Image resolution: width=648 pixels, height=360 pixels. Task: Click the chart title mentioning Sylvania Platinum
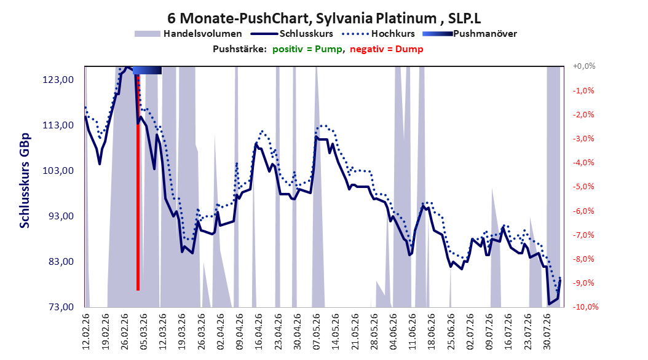pyautogui.click(x=324, y=18)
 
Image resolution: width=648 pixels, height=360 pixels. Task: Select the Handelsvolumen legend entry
pyautogui.click(x=188, y=34)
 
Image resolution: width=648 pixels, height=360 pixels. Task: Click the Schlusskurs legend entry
pyautogui.click(x=292, y=34)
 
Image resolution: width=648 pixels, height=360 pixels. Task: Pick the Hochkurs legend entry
pyautogui.click(x=377, y=34)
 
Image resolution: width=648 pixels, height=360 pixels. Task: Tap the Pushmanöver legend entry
pyautogui.click(x=470, y=34)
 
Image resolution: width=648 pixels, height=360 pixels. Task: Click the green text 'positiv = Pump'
pyautogui.click(x=307, y=49)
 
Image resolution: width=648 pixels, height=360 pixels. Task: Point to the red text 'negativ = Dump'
pyautogui.click(x=387, y=49)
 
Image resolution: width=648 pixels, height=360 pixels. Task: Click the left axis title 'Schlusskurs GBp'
pyautogui.click(x=25, y=181)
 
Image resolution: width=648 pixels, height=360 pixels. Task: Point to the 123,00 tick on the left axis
pyautogui.click(x=58, y=79)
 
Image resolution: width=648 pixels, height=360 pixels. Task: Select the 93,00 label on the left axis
pyautogui.click(x=58, y=216)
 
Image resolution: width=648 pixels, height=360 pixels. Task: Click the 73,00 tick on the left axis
pyautogui.click(x=58, y=307)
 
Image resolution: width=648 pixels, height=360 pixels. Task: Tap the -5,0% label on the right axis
pyautogui.click(x=583, y=186)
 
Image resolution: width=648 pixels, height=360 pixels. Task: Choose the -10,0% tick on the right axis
pyautogui.click(x=585, y=307)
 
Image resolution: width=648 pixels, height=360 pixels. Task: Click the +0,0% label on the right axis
pyautogui.click(x=584, y=66)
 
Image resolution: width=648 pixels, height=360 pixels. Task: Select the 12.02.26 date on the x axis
pyautogui.click(x=86, y=332)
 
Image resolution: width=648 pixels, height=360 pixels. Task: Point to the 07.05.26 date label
pyautogui.click(x=317, y=332)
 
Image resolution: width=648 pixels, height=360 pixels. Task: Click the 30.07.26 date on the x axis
pyautogui.click(x=547, y=332)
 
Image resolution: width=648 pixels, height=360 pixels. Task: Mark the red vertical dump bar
pyautogui.click(x=138, y=182)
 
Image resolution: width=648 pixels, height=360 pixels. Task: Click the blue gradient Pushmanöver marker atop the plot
pyautogui.click(x=147, y=70)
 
